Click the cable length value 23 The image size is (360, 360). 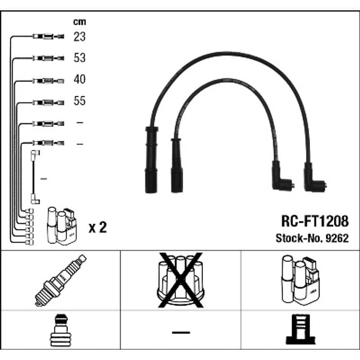pos(80,36)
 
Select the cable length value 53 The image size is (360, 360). pos(80,58)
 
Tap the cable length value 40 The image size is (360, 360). pos(80,79)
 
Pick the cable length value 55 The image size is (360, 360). pos(80,100)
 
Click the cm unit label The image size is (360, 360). pos(80,22)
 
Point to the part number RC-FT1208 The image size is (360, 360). pos(315,221)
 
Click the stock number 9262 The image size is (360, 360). pos(337,238)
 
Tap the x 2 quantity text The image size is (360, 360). pos(98,227)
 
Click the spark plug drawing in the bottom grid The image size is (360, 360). pos(61,280)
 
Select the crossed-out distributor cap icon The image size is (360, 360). pos(181,280)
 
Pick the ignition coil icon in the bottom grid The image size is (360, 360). pos(300,280)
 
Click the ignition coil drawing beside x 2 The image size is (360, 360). pos(62,226)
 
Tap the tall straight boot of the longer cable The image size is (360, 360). pos(151,160)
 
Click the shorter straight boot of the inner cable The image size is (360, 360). pos(177,165)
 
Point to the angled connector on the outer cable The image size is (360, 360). pos(313,178)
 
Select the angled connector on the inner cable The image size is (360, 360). pos(281,176)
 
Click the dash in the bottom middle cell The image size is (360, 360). pos(181,332)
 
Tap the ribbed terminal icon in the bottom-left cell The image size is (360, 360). pos(61,330)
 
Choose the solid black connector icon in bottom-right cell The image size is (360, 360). pos(301,329)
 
